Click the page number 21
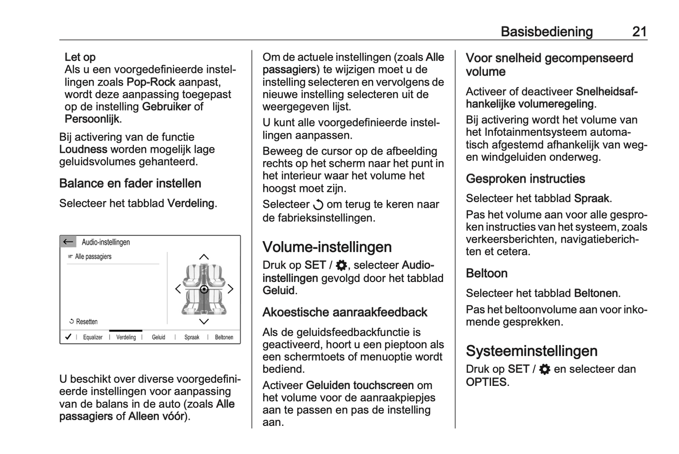[640, 31]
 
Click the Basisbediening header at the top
[546, 31]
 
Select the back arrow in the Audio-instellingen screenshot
[68, 242]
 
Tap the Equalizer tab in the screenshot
[93, 337]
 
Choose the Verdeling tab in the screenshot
[126, 337]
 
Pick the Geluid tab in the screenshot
[158, 337]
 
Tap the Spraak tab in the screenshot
[192, 337]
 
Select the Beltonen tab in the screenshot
[224, 337]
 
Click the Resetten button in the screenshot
[84, 322]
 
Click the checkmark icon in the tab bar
[68, 337]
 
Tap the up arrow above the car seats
[204, 257]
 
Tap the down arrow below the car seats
[204, 322]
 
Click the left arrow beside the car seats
[178, 289]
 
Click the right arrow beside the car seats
[231, 289]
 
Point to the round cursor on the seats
[204, 290]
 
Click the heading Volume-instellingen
[327, 247]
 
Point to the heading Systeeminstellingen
[531, 351]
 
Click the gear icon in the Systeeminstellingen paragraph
[545, 370]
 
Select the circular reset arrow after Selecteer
[318, 205]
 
